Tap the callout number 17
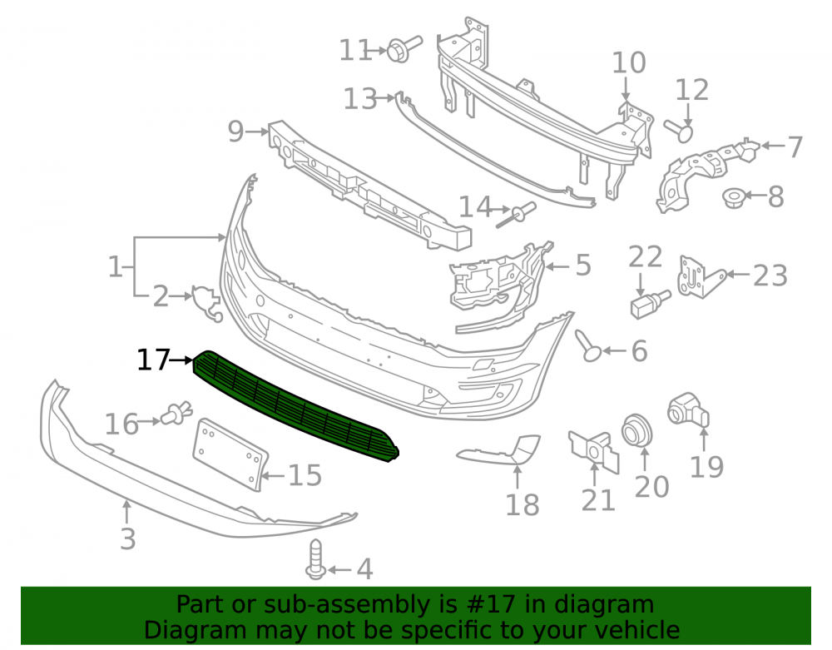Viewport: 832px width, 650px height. [153, 360]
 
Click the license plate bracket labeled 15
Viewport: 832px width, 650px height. [230, 454]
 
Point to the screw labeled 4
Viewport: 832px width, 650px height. [315, 559]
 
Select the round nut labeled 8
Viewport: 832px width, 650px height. [733, 198]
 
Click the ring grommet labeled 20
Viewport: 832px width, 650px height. [636, 429]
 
